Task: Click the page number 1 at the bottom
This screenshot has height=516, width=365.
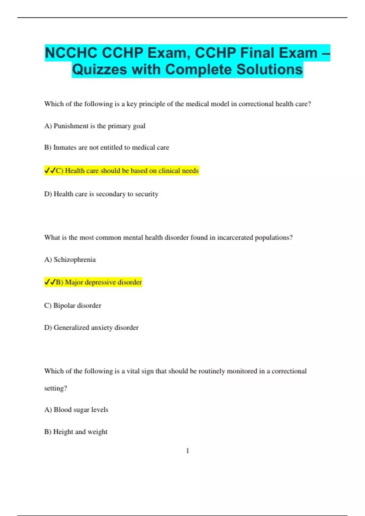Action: tap(187, 451)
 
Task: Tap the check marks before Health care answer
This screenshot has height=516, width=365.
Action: tap(50, 171)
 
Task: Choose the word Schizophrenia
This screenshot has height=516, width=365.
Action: tap(75, 260)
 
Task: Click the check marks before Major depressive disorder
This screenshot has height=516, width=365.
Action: tap(50, 282)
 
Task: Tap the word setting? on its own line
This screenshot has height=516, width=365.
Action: tap(55, 389)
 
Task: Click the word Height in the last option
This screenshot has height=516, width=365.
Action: tap(62, 432)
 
